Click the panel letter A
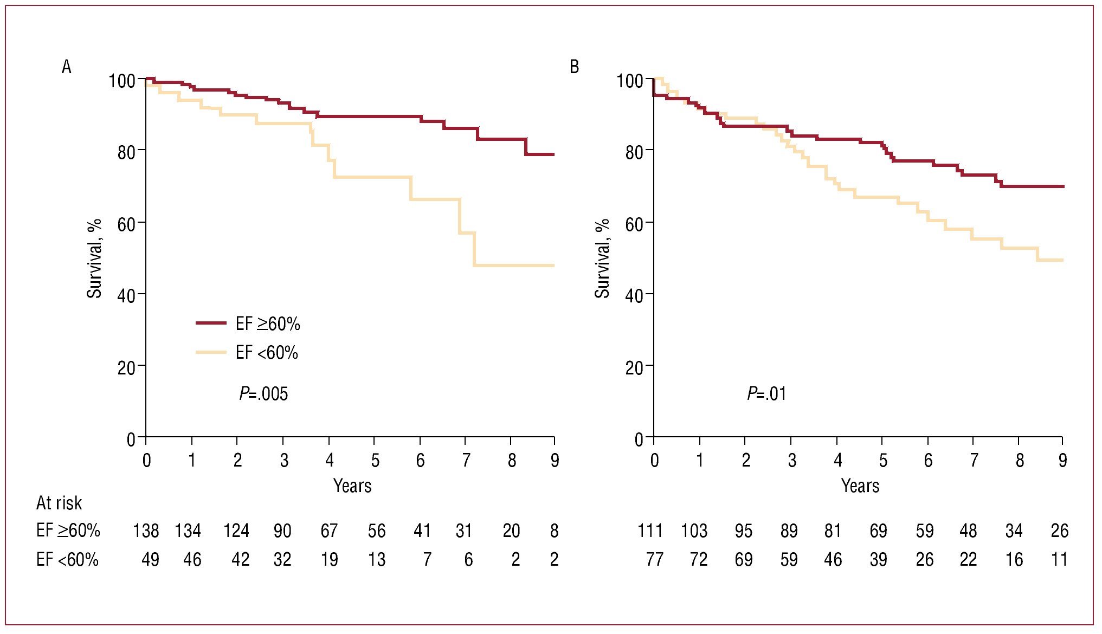click(x=67, y=67)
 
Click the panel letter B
click(x=574, y=67)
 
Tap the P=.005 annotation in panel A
click(x=263, y=393)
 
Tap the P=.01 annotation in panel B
click(x=766, y=393)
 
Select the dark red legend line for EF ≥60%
click(x=211, y=324)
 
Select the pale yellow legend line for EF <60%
click(x=211, y=353)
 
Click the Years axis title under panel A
click(x=352, y=486)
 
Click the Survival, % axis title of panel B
click(x=602, y=258)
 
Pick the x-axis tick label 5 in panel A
click(x=375, y=461)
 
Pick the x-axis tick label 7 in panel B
click(x=974, y=461)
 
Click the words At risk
click(x=59, y=503)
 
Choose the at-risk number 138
click(x=146, y=531)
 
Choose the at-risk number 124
click(x=236, y=531)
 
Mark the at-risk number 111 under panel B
click(x=650, y=531)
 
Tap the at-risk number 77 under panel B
click(x=654, y=559)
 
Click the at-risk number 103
click(x=694, y=531)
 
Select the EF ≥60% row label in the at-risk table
click(x=68, y=531)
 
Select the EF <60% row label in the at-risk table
click(x=67, y=559)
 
